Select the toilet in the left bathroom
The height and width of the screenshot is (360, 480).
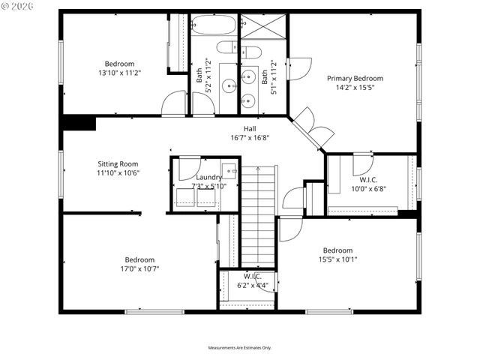226,49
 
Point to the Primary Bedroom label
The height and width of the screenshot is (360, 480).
355,78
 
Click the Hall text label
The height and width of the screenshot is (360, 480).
250,129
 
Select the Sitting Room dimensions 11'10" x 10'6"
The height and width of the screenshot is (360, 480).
118,172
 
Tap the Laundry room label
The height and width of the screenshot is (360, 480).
208,177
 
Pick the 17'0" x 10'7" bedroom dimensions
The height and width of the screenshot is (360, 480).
139,268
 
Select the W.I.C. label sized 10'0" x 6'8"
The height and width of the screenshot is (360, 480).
367,189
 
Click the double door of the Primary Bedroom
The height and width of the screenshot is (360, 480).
313,126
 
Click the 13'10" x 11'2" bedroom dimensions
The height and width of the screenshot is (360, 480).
119,73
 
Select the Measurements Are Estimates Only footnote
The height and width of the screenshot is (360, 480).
240,348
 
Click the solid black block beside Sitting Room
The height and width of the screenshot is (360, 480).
79,122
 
